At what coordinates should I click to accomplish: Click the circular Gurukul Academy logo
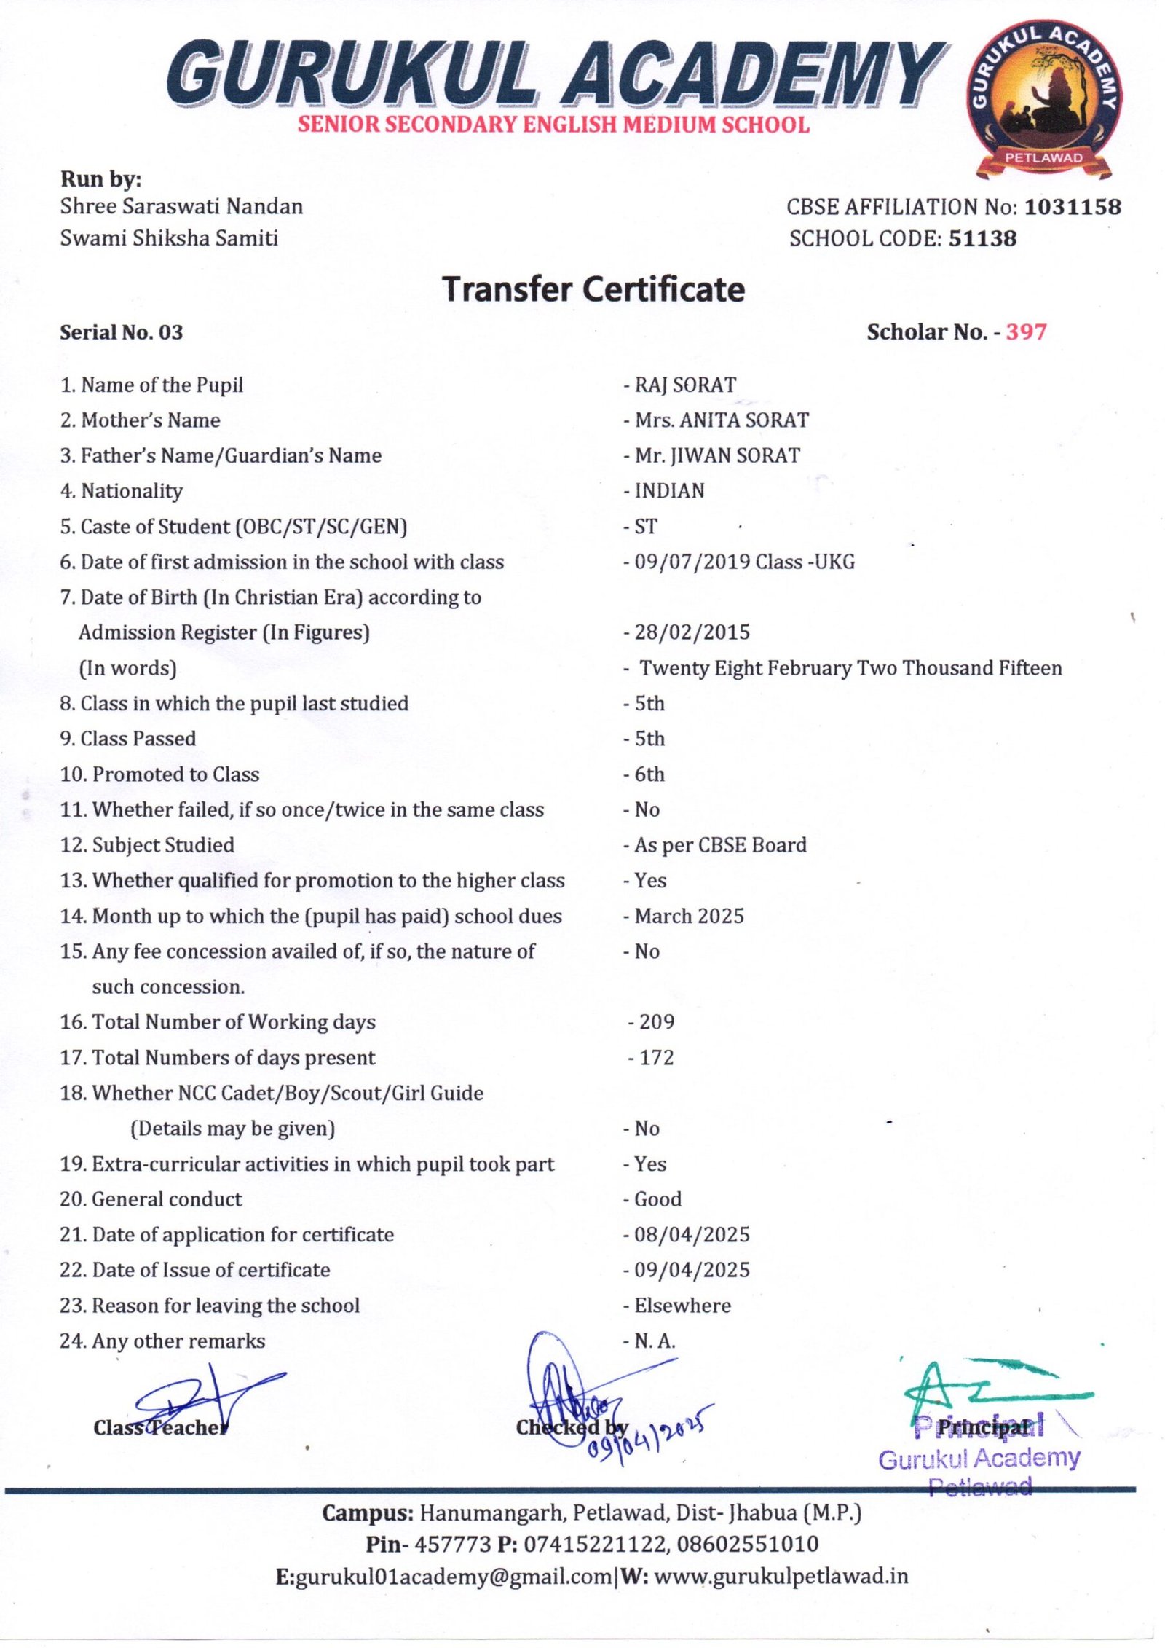1043,98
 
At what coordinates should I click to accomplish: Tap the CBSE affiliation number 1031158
1073,207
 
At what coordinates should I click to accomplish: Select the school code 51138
982,238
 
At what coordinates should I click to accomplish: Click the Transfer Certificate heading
593,289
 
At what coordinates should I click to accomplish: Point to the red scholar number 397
1026,332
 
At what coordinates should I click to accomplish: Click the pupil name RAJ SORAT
685,385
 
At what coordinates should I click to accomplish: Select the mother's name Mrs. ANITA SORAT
721,420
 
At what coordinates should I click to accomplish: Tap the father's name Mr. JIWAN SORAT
716,455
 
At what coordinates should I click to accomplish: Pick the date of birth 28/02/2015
692,632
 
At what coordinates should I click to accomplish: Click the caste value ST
646,526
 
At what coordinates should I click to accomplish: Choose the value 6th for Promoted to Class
649,774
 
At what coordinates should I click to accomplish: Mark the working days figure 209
656,1021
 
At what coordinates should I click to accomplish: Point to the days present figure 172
656,1057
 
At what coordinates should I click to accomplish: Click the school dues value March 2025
689,916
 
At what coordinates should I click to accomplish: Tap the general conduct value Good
658,1199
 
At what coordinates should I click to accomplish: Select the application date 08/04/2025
692,1235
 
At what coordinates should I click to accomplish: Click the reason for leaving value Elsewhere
682,1306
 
